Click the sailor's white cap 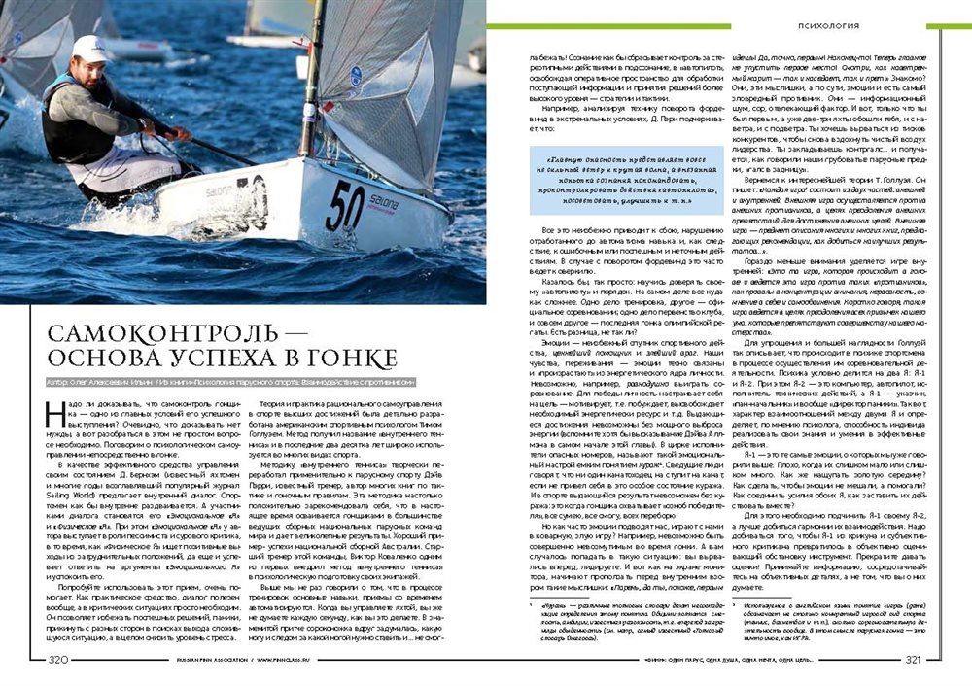90,48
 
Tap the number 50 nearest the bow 345,204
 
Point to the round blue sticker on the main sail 356,75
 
